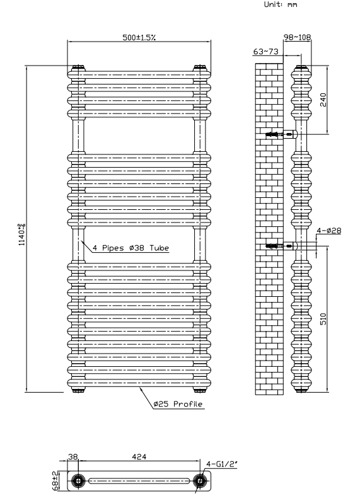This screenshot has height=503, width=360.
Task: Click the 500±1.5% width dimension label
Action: pyautogui.click(x=139, y=37)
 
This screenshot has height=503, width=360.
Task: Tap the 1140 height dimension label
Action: pyautogui.click(x=22, y=235)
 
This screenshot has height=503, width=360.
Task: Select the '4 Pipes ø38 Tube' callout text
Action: pyautogui.click(x=131, y=248)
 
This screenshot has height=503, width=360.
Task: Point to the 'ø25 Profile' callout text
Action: pyautogui.click(x=178, y=404)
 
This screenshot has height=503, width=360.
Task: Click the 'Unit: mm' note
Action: pyautogui.click(x=281, y=4)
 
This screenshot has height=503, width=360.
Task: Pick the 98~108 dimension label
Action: pyautogui.click(x=298, y=37)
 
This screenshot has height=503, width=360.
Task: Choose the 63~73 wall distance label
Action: pyautogui.click(x=265, y=51)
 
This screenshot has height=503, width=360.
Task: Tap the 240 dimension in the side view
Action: pyautogui.click(x=323, y=100)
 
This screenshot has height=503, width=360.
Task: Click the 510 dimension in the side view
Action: pyautogui.click(x=323, y=319)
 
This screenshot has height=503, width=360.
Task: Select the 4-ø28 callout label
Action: pyautogui.click(x=329, y=230)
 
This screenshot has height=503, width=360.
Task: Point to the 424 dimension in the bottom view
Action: pyautogui.click(x=139, y=456)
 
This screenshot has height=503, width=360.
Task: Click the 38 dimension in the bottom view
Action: pyautogui.click(x=73, y=456)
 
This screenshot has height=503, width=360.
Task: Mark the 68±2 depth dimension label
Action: pyautogui.click(x=55, y=480)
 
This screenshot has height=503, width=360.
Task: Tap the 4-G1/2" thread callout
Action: pyautogui.click(x=222, y=464)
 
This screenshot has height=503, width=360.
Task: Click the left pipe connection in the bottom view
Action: pyautogui.click(x=78, y=480)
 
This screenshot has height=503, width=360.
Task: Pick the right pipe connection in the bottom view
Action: pyautogui.click(x=200, y=480)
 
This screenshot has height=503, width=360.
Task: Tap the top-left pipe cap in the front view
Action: pyautogui.click(x=78, y=68)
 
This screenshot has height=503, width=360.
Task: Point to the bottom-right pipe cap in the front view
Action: pyautogui.click(x=200, y=390)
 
